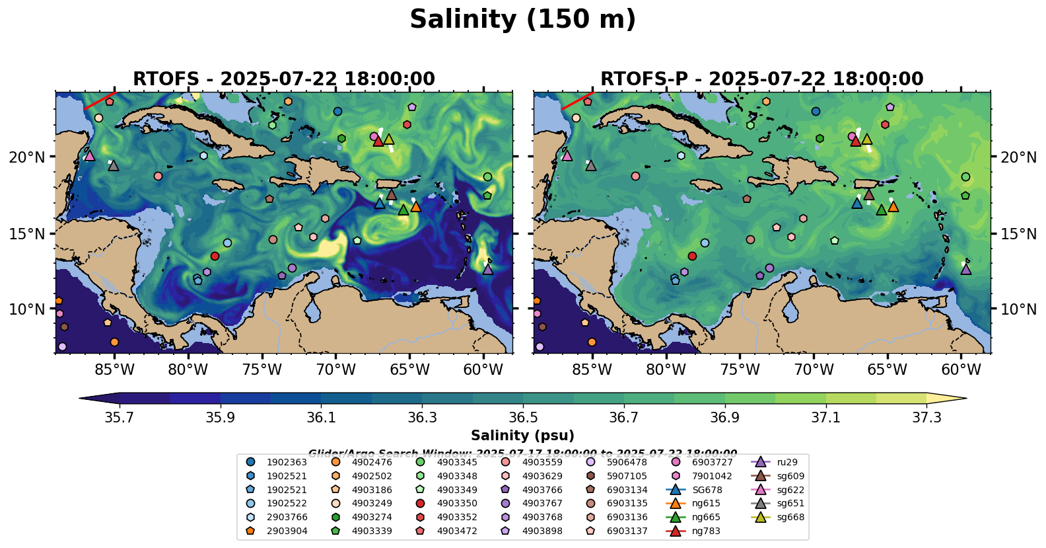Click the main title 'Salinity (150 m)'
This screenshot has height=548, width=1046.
pyautogui.click(x=522, y=19)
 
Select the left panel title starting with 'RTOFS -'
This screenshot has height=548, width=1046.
pyautogui.click(x=284, y=79)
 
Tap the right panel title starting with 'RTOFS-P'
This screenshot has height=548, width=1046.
pyautogui.click(x=761, y=79)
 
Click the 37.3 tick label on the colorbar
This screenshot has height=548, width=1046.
pyautogui.click(x=926, y=418)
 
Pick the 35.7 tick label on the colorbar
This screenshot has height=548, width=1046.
pyautogui.click(x=120, y=418)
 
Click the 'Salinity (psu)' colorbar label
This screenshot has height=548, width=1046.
pyautogui.click(x=522, y=436)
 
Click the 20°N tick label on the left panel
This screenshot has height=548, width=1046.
pyautogui.click(x=27, y=157)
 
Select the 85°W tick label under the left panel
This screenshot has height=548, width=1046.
pyautogui.click(x=114, y=370)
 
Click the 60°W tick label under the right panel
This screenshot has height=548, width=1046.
pyautogui.click(x=961, y=370)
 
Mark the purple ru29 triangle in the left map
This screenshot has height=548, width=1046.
pyautogui.click(x=488, y=269)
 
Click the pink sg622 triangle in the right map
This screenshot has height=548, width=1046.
pyautogui.click(x=567, y=156)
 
